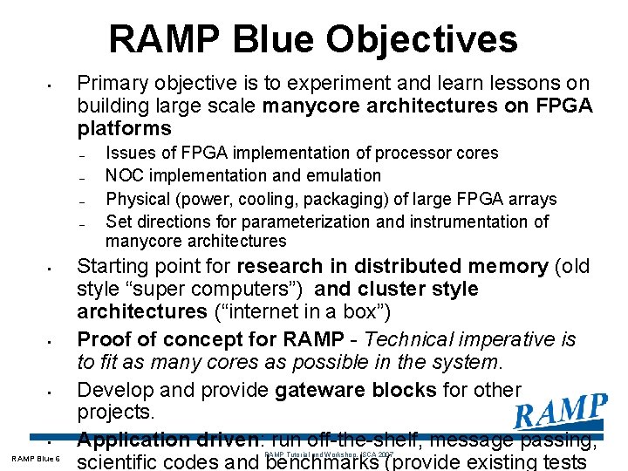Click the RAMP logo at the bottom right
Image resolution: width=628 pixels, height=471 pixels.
coord(560,412)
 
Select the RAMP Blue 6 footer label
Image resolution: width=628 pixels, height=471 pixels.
coord(36,459)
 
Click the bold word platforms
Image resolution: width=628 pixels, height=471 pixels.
coord(124,129)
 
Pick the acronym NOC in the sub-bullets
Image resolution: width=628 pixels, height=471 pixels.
coord(123,175)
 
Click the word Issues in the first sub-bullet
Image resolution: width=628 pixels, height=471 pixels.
coord(128,154)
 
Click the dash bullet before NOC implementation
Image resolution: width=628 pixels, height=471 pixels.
coord(79,177)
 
